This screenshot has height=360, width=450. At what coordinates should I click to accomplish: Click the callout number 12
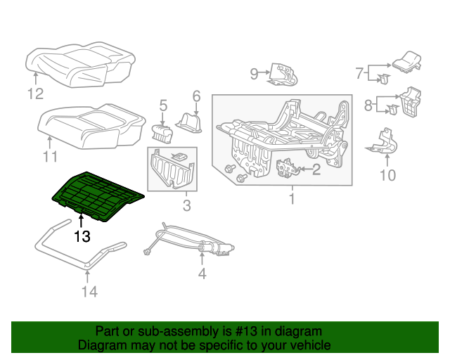[35, 94]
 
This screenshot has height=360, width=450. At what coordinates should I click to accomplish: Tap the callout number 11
[49, 157]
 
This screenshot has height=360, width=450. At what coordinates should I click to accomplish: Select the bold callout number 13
[82, 237]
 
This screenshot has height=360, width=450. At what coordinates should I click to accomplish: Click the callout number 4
[202, 274]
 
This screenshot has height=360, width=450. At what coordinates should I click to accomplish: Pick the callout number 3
[186, 206]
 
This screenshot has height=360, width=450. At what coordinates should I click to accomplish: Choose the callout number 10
[387, 174]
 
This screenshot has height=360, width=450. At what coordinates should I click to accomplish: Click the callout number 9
[255, 72]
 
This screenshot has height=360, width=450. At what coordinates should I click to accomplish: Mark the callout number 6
[196, 96]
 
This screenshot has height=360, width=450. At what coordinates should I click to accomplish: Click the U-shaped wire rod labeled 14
[77, 246]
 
